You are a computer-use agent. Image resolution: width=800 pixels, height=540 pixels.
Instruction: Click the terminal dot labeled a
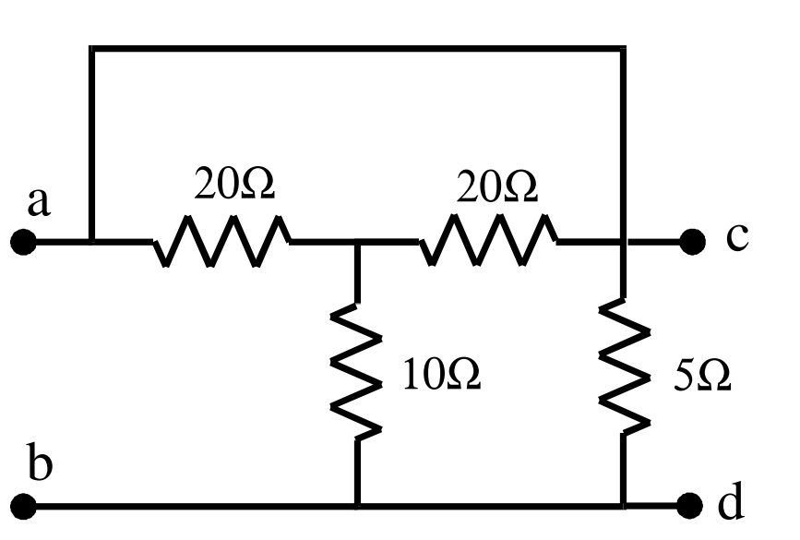tap(23, 243)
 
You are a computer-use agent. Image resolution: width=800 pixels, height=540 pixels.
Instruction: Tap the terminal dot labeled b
tap(23, 506)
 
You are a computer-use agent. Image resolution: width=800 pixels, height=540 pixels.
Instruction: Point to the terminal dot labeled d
tap(690, 506)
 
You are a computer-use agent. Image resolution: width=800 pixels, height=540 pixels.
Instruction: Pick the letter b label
tap(39, 464)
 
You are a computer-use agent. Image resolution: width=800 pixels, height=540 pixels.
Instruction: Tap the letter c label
tap(736, 237)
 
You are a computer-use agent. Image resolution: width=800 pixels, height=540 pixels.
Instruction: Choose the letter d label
tap(730, 503)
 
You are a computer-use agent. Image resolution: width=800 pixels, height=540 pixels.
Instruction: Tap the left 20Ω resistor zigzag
tap(221, 242)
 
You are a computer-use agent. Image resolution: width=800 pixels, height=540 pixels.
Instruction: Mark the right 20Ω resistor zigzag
tap(489, 242)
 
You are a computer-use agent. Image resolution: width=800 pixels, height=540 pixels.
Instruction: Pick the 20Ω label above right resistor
tap(496, 187)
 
